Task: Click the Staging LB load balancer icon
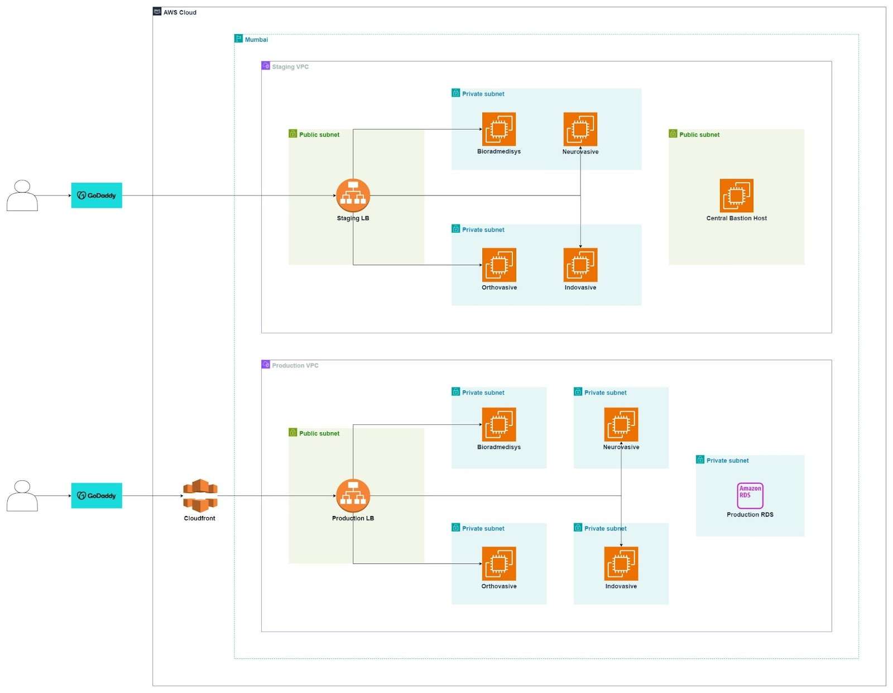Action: (353, 195)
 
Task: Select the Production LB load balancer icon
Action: (353, 495)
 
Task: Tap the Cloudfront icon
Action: (200, 495)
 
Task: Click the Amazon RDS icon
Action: (750, 495)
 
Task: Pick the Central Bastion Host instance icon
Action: (736, 195)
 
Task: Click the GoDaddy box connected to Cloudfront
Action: (97, 495)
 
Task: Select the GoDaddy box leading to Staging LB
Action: (97, 195)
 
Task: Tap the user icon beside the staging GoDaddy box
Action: (22, 195)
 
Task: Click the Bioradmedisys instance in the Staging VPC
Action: (499, 129)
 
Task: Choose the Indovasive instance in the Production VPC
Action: (621, 563)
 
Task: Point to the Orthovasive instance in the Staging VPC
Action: (499, 265)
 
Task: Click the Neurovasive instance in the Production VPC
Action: (621, 424)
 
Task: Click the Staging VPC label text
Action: (290, 66)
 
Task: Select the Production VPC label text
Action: (295, 365)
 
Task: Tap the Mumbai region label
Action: (256, 40)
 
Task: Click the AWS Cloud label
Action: (180, 12)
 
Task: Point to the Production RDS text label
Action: (750, 514)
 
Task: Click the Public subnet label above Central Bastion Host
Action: (699, 135)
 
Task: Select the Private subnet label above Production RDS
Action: (727, 460)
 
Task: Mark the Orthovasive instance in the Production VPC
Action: (499, 563)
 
